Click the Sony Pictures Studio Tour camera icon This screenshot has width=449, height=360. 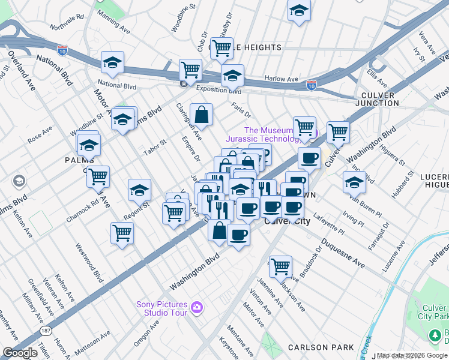196,309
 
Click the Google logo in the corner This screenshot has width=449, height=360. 20,353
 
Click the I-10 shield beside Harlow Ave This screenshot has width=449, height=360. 311,85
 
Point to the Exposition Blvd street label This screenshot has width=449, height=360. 218,91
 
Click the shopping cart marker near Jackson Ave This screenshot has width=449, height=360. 280,265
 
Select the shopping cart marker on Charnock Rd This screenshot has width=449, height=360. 98,176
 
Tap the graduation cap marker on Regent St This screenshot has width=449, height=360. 139,190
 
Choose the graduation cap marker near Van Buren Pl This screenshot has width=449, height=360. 354,181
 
